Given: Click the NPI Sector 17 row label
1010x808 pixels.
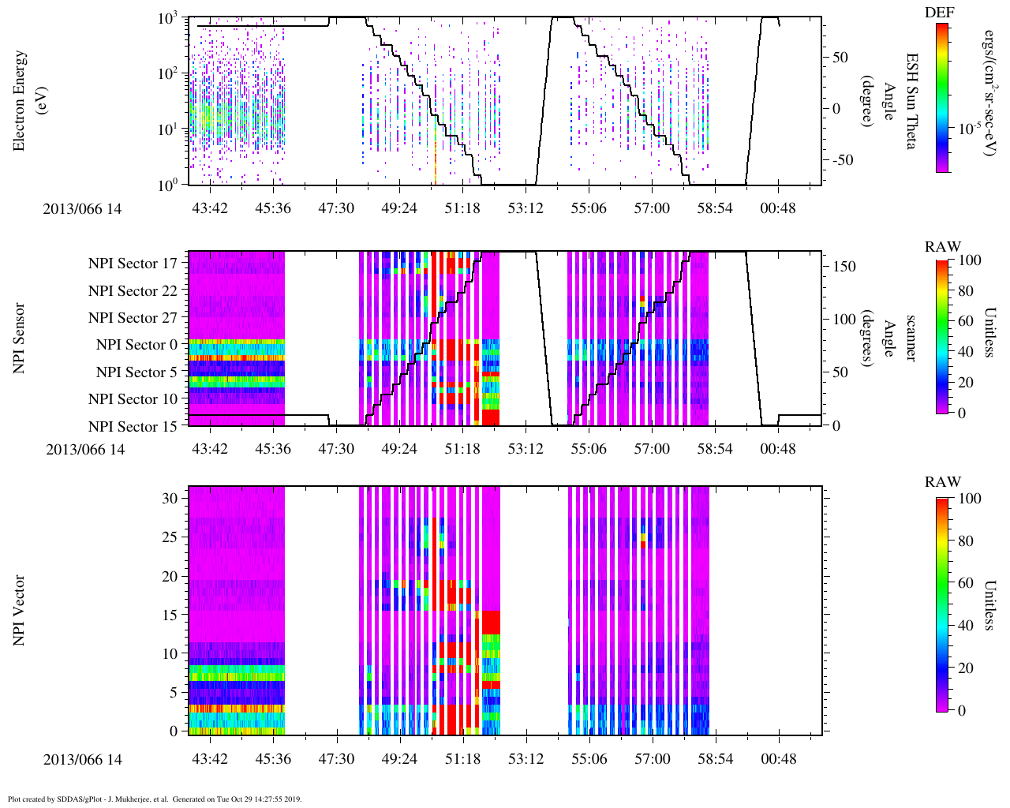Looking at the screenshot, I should point(133,264).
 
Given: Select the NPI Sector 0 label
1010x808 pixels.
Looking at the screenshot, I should point(137,345).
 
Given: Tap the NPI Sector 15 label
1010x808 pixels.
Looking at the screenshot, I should point(133,427).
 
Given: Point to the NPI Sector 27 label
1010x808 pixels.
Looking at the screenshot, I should point(133,318).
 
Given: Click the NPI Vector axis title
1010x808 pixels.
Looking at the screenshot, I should point(19,610).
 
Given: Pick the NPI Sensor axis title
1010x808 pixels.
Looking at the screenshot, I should point(19,339).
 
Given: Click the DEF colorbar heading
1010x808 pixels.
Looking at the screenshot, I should point(939,12).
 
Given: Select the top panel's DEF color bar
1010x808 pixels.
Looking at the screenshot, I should point(942,97).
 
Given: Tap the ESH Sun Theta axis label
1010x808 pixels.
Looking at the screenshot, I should point(911,101).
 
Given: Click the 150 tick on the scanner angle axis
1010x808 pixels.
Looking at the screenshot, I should point(845,267).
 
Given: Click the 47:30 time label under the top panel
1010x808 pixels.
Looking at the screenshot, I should point(336,208).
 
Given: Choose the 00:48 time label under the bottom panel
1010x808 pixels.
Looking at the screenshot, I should point(779,758).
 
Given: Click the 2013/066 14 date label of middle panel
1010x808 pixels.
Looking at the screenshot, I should point(85,450).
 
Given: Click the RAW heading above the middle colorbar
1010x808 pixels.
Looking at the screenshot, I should point(942,247).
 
